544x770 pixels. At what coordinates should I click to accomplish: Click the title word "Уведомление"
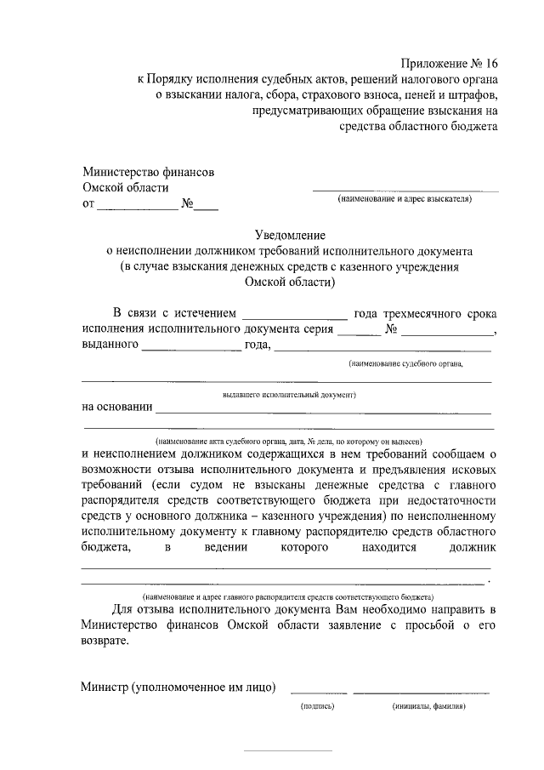pyautogui.click(x=290, y=235)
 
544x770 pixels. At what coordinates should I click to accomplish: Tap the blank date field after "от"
pyautogui.click(x=136, y=205)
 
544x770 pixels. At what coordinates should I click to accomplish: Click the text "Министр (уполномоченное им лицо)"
pyautogui.click(x=178, y=687)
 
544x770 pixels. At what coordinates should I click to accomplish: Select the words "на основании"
pyautogui.click(x=117, y=407)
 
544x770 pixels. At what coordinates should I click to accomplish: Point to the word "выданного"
pyautogui.click(x=110, y=345)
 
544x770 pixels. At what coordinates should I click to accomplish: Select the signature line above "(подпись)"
pyautogui.click(x=319, y=692)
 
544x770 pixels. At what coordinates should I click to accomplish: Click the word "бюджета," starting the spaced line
pyautogui.click(x=106, y=550)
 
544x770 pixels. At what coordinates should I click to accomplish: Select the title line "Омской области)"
pyautogui.click(x=289, y=283)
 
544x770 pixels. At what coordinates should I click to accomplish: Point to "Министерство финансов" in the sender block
pyautogui.click(x=148, y=172)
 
